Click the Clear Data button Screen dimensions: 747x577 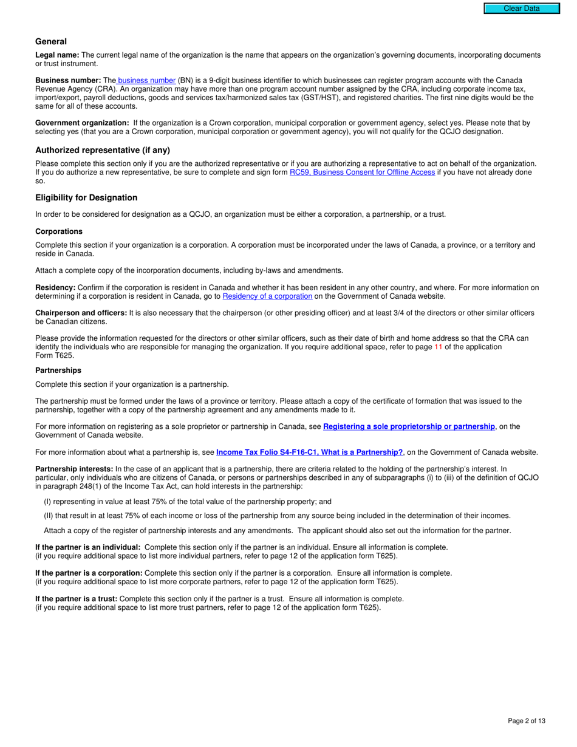521,9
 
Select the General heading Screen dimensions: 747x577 51,41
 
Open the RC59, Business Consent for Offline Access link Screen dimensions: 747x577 362,172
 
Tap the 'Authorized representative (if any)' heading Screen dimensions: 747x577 103,150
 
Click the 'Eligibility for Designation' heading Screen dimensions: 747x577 86,197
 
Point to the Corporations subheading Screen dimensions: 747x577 59,231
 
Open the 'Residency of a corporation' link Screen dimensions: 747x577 267,296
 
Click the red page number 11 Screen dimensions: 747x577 439,347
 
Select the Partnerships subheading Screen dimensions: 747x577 58,370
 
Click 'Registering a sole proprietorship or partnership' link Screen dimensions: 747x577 409,426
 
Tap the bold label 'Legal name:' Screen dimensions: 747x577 57,55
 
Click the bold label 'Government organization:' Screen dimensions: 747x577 82,123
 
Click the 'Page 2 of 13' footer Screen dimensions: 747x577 527,721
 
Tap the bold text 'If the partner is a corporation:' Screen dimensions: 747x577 89,573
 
